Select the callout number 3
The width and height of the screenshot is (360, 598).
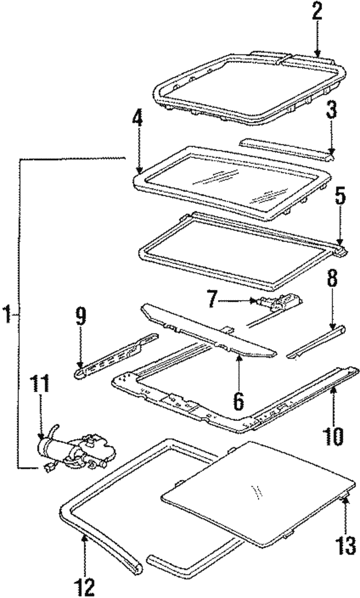pos(332,110)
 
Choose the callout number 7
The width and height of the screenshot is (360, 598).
pos(212,299)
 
